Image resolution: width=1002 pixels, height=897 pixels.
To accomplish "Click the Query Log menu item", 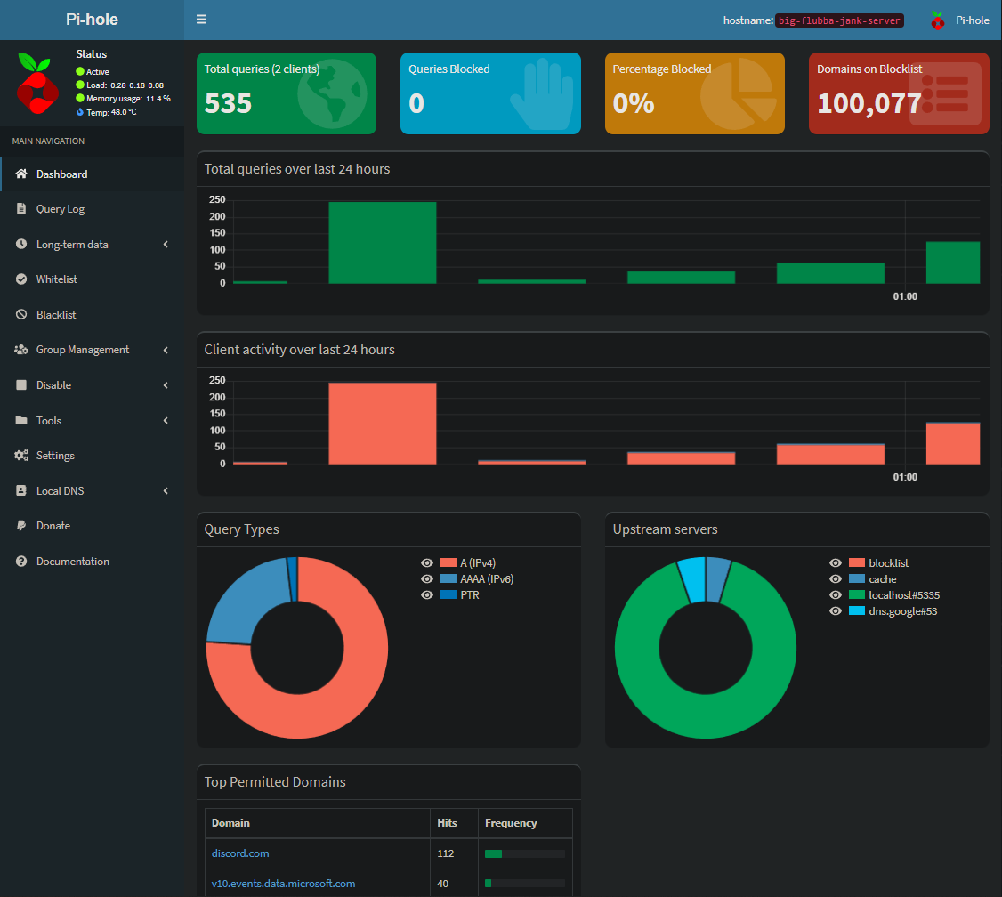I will [x=61, y=209].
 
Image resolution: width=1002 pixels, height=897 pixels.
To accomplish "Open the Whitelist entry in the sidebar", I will [x=56, y=279].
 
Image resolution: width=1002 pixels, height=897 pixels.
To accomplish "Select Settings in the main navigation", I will [x=55, y=456].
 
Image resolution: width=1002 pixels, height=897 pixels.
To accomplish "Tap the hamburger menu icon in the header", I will [x=202, y=20].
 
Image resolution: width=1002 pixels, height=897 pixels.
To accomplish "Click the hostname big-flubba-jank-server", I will [x=839, y=20].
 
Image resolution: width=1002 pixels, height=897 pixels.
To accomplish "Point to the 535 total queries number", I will [x=229, y=103].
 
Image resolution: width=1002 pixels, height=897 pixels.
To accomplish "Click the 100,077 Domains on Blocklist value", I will [x=869, y=103].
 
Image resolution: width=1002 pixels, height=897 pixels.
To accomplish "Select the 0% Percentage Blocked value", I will [x=634, y=103].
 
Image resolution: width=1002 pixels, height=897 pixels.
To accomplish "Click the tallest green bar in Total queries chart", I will [x=383, y=243].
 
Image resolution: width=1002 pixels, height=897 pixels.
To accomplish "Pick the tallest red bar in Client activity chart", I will [x=383, y=424].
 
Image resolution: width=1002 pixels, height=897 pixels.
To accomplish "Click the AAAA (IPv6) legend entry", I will [x=487, y=579].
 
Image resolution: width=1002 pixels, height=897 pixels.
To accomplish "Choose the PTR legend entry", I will [x=469, y=595].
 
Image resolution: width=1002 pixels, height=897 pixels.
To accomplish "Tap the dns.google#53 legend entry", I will [x=902, y=611].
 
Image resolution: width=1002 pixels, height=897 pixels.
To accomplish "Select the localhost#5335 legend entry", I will [x=904, y=595].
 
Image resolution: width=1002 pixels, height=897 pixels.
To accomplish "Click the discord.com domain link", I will [x=240, y=853].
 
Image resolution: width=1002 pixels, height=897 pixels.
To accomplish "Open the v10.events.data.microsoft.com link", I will [x=283, y=884].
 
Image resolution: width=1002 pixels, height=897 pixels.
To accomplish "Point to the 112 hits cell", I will [x=446, y=853].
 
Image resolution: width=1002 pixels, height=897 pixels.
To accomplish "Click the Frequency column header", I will [x=511, y=823].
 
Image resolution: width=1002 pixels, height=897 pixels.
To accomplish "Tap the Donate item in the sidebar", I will [x=53, y=526].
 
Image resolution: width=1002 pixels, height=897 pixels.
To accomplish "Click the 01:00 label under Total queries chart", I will [x=905, y=296].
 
